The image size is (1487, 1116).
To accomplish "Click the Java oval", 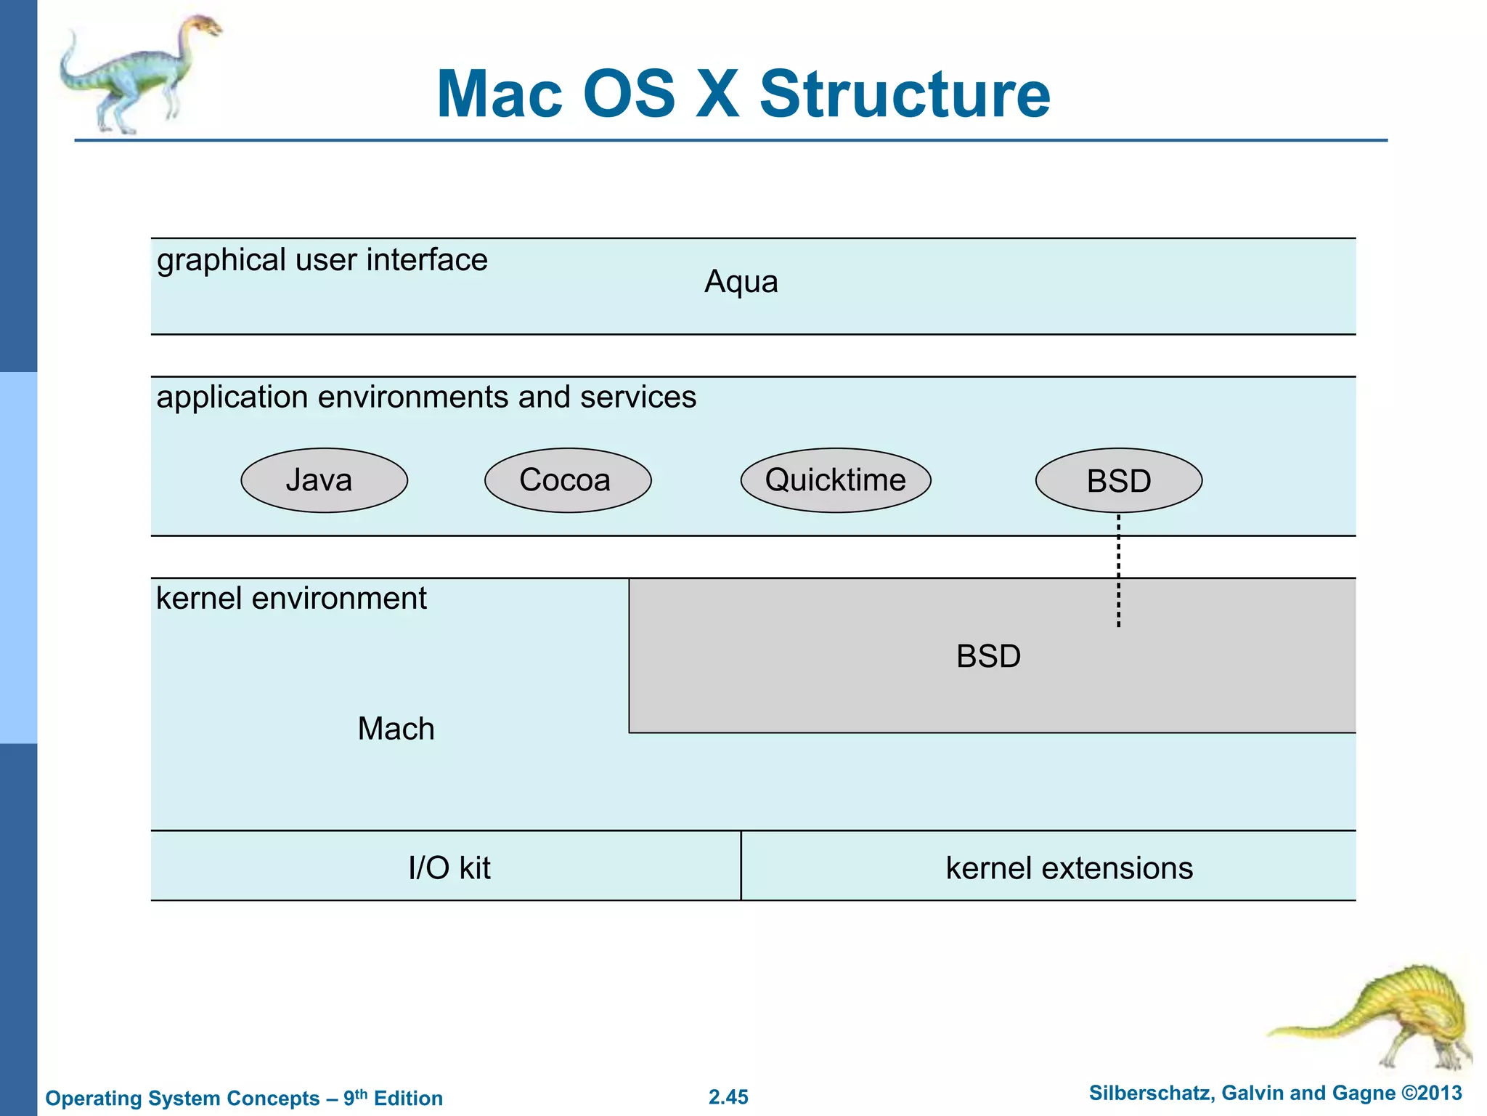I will point(324,480).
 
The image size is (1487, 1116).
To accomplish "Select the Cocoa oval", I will point(567,480).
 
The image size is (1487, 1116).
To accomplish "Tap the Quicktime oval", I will point(835,480).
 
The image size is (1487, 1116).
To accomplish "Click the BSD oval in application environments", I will point(1118,481).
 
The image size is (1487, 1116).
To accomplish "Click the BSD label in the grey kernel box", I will point(988,656).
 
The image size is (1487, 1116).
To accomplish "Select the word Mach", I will point(396,729).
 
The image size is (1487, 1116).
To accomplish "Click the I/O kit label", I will point(449,868).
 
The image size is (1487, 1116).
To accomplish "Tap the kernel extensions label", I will point(1069,868).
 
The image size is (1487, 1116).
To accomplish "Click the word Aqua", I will point(741,282).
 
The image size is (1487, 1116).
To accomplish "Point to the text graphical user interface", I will point(322,260).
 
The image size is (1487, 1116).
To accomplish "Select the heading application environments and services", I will point(426,397).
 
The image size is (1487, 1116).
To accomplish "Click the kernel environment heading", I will point(291,599).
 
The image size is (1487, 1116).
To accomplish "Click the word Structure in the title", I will point(905,94).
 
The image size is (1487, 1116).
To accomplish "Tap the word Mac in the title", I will point(500,94).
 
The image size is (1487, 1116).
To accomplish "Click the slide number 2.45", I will point(728,1097).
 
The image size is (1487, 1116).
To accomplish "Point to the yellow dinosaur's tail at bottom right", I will point(1307,1028).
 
